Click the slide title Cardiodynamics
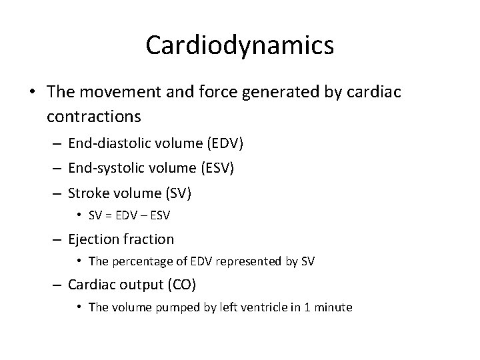(239, 45)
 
